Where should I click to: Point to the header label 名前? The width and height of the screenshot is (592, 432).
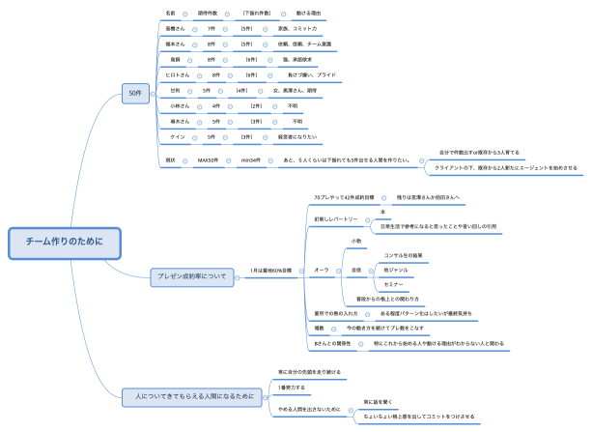point(171,14)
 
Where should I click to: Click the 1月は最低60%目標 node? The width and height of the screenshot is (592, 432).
point(271,270)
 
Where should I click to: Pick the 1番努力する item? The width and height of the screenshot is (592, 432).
point(291,387)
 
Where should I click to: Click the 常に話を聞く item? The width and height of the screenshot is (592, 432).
point(374,400)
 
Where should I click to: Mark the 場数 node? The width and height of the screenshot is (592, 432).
point(319,329)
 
